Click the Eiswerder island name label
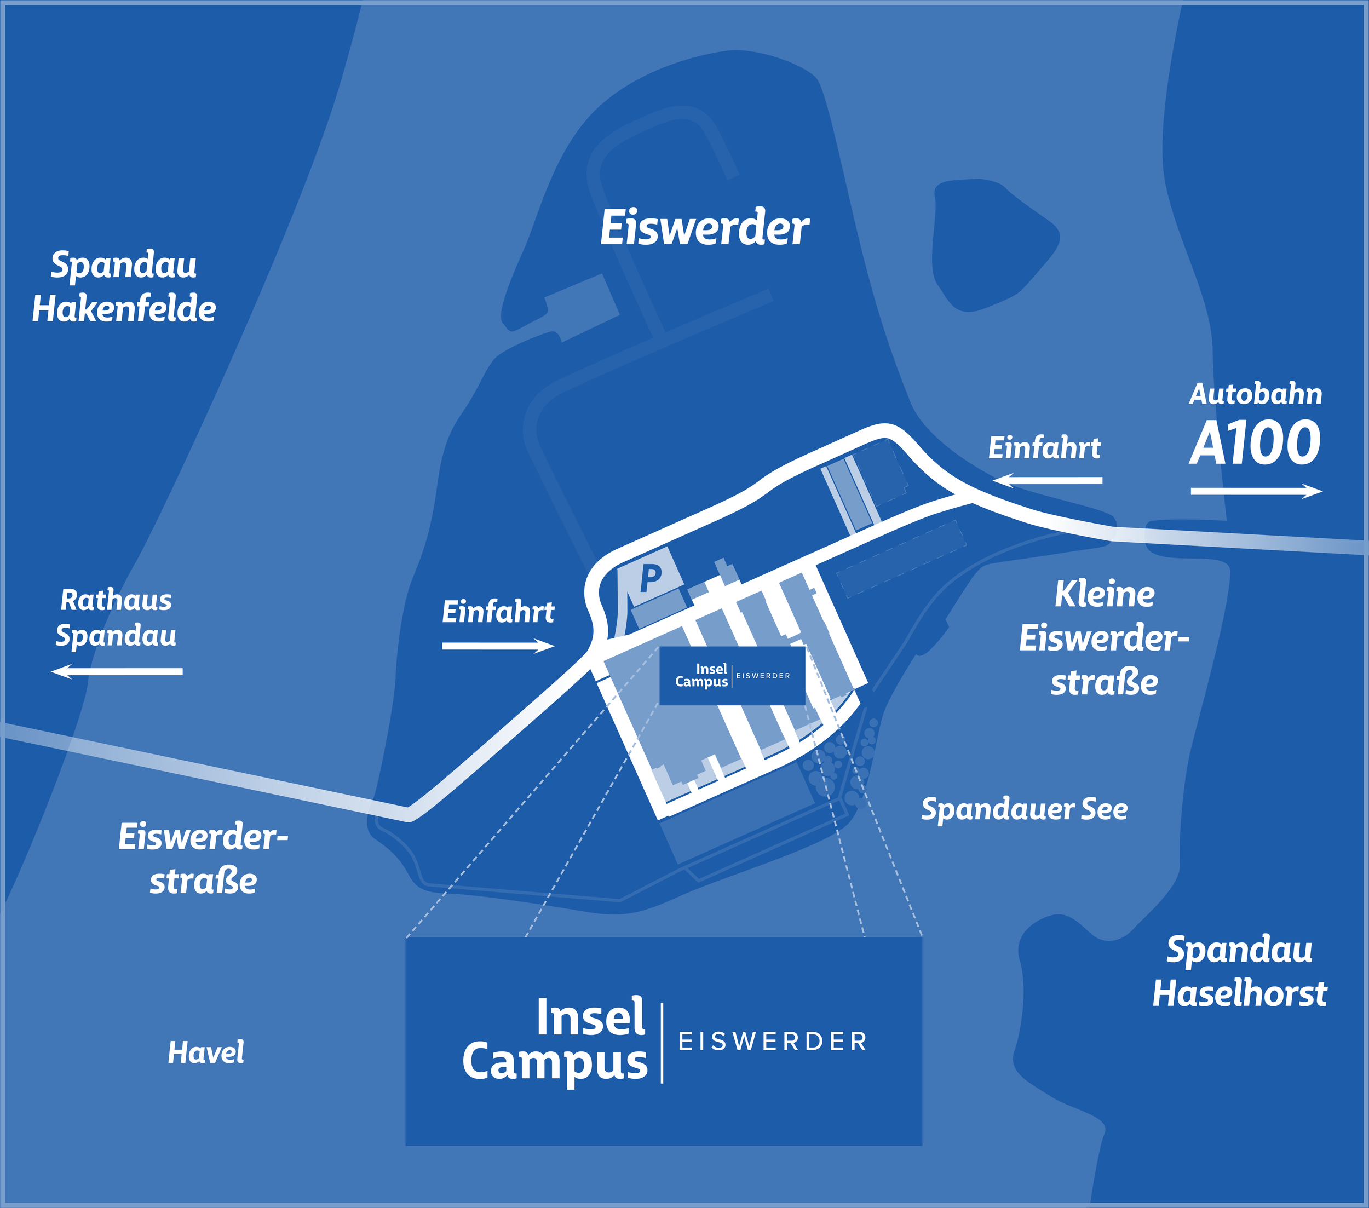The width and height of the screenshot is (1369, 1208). coord(704,228)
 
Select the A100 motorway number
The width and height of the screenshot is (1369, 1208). coord(1255,444)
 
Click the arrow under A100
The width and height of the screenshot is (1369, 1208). coord(1256,492)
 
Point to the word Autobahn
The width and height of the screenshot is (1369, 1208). coord(1255,394)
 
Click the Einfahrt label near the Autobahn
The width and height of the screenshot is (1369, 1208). coord(1044,448)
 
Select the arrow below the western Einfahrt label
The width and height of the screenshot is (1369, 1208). coord(498,646)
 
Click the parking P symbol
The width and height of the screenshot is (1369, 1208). coord(649,577)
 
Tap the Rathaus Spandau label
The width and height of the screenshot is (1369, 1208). coord(116,617)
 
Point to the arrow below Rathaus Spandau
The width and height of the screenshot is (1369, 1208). coord(117,671)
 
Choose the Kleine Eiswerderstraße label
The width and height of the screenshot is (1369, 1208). coord(1104,638)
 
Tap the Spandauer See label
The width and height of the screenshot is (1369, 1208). coord(1024,809)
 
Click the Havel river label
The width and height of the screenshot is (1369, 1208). coord(205,1052)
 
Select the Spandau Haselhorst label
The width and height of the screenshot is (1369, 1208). coord(1239,971)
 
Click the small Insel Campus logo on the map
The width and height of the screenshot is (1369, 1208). coord(732,675)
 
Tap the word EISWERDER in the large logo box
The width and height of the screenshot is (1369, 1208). coord(773,1042)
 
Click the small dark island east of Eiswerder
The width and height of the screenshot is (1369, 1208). coord(991,244)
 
